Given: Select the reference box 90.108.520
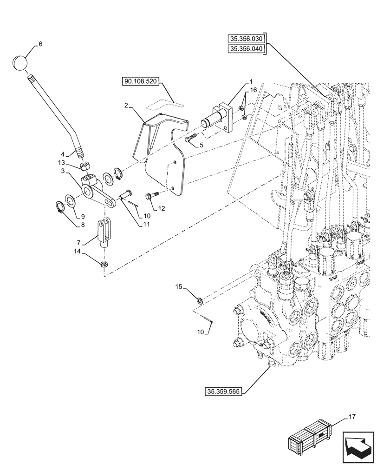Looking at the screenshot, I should tap(141, 82).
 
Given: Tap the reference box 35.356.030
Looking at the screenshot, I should tap(246, 39).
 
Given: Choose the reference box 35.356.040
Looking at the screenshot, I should tap(246, 49).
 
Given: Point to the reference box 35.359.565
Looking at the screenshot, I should tap(222, 392).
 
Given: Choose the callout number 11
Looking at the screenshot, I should tap(146, 224).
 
